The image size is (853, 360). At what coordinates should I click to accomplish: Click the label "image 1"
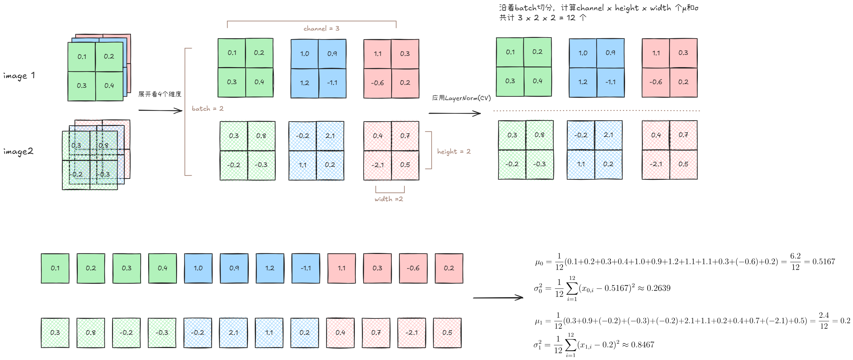[x=19, y=76]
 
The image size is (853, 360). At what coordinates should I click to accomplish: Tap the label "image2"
[x=18, y=152]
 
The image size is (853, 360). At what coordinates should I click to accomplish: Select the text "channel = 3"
[x=321, y=29]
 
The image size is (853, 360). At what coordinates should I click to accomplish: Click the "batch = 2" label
[x=208, y=109]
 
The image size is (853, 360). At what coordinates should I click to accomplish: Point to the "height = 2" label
[x=454, y=152]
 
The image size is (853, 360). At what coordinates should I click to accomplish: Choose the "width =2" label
[x=388, y=199]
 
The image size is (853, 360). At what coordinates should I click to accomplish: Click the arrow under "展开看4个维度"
[x=160, y=110]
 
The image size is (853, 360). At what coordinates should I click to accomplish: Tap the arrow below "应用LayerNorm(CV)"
[x=454, y=113]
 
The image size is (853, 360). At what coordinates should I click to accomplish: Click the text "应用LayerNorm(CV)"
[x=461, y=98]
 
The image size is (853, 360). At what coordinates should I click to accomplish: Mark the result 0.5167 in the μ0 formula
[x=823, y=262]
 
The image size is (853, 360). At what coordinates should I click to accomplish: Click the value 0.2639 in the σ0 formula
[x=658, y=288]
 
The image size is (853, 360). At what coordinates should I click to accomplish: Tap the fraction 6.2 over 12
[x=795, y=262]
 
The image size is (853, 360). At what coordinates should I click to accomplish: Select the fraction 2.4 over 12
[x=824, y=321]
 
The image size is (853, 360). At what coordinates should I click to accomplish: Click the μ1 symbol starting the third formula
[x=538, y=321]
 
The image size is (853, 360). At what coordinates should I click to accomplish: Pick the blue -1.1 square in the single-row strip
[x=306, y=268]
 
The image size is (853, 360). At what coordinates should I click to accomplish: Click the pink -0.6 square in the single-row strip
[x=413, y=268]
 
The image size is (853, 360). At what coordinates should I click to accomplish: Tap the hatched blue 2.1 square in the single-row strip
[x=233, y=333]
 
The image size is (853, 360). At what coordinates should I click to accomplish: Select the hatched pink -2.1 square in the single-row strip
[x=411, y=333]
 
